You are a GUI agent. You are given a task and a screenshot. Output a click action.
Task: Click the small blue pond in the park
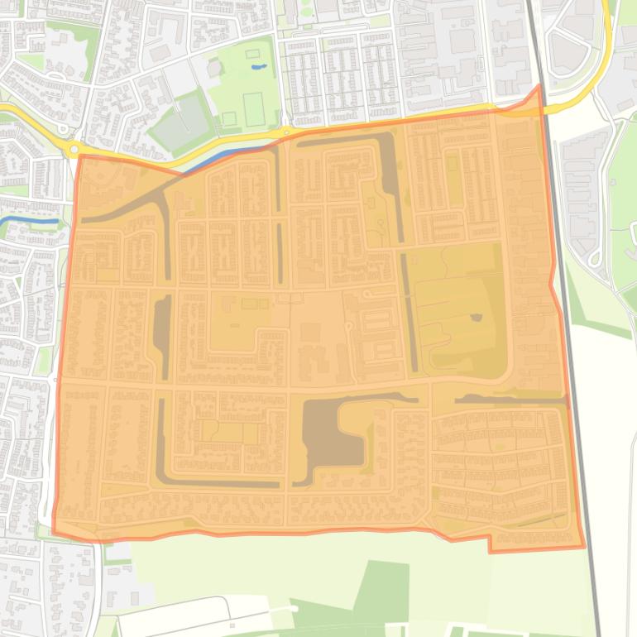click(259, 66)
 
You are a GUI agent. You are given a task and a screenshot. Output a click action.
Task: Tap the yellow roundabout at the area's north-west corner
click(74, 149)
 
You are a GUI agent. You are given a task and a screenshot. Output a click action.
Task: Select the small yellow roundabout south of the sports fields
click(285, 132)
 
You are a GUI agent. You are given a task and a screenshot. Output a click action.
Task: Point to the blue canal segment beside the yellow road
click(217, 157)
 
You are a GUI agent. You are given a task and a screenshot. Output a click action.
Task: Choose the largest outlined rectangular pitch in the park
click(253, 109)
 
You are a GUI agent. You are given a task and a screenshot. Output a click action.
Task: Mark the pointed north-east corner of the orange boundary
click(539, 85)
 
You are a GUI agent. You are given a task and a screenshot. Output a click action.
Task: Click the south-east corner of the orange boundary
click(584, 547)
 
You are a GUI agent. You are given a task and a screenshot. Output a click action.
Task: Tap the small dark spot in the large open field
click(476, 317)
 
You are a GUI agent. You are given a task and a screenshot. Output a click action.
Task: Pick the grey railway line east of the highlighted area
click(579, 414)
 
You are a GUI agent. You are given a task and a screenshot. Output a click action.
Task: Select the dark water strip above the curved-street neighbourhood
click(505, 400)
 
